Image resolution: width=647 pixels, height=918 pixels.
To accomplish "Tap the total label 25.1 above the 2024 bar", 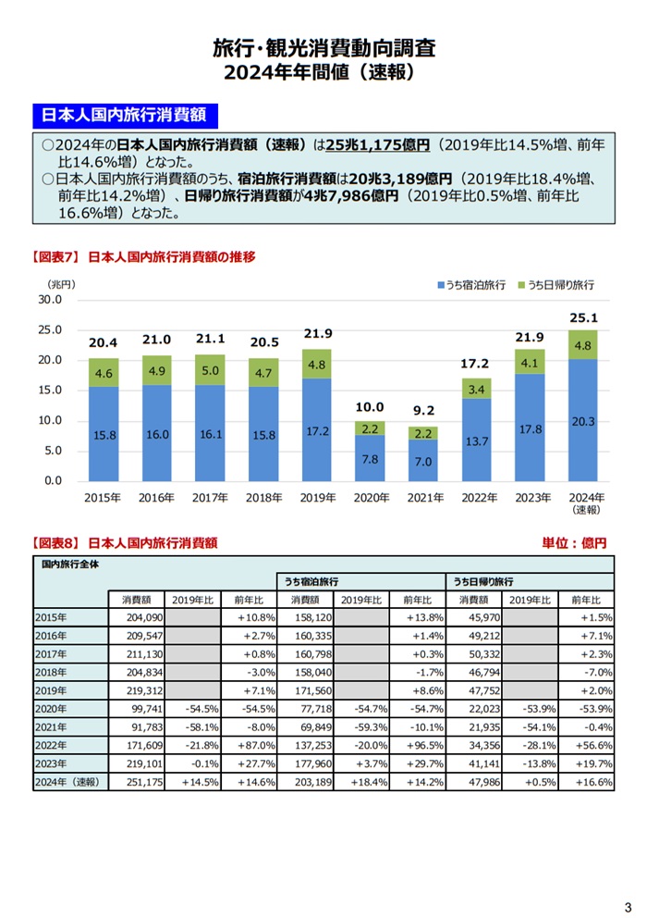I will coord(584,318).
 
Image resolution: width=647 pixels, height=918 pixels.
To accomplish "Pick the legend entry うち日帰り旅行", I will coord(561,286).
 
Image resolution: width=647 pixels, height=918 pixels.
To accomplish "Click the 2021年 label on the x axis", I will coord(424,497).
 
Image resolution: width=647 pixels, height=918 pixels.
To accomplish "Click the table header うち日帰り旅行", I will coord(483,582).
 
